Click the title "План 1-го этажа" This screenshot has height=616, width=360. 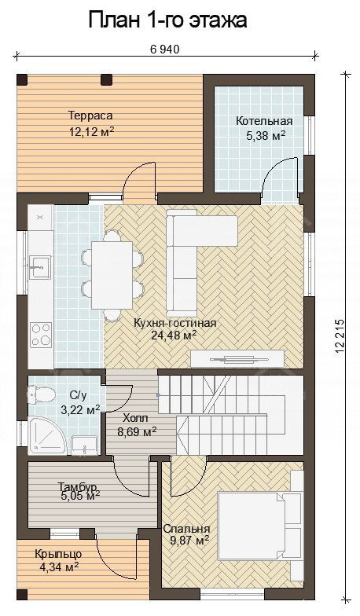[x=168, y=20]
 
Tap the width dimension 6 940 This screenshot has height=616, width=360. [x=165, y=49]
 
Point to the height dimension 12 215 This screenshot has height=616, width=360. [x=340, y=338]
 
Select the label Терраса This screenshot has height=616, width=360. [x=90, y=116]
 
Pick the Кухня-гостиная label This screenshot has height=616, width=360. [x=174, y=323]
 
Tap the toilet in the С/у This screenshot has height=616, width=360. [x=41, y=394]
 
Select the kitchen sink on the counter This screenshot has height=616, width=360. [x=40, y=267]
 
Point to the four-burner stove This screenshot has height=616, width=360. [x=41, y=333]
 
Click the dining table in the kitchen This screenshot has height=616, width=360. [x=112, y=275]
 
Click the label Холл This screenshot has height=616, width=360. [x=135, y=418]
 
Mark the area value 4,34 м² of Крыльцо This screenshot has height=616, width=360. [x=60, y=566]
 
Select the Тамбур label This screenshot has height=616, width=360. [x=78, y=486]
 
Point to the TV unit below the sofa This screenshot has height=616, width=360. [x=237, y=358]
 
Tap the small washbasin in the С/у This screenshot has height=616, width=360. [x=83, y=445]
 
